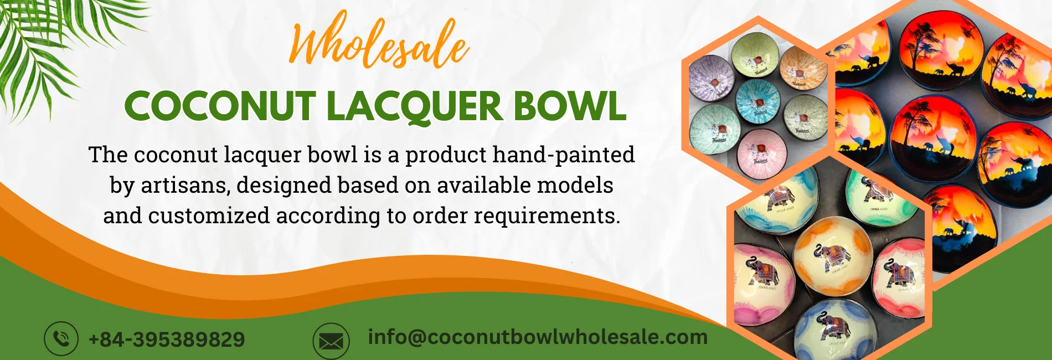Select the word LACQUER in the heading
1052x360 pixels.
pos(414,106)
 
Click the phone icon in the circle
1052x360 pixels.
pos(61,338)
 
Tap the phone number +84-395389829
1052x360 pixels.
pos(167,339)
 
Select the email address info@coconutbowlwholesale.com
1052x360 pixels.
pos(538,337)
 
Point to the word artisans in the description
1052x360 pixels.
pos(185,185)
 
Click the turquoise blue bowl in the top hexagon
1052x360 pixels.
pos(758,102)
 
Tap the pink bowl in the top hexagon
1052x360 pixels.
pos(761,152)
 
